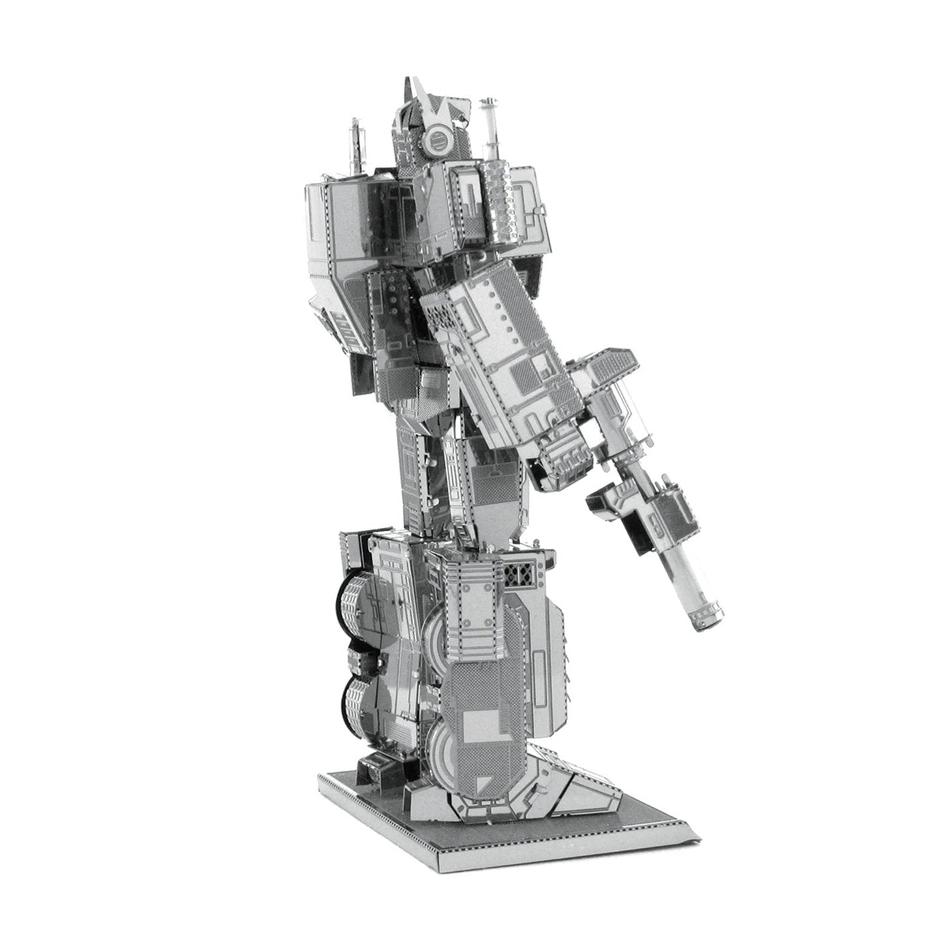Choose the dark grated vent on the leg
(x=520, y=576)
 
